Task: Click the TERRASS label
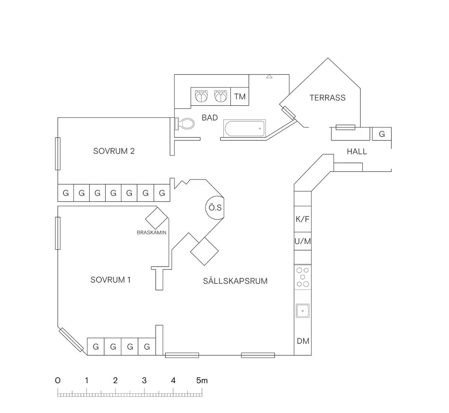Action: (x=327, y=98)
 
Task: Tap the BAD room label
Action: (x=210, y=118)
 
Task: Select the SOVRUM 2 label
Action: (x=114, y=151)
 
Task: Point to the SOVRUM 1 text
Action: (x=110, y=280)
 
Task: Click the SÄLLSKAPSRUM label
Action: (x=235, y=281)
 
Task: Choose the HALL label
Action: (x=357, y=152)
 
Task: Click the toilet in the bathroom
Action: (x=185, y=124)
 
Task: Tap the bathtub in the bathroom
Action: (x=244, y=128)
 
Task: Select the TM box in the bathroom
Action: (x=240, y=97)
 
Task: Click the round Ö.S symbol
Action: (x=215, y=207)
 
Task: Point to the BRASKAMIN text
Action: (x=152, y=233)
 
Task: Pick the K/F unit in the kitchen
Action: (x=303, y=219)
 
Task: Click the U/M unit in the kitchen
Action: (x=303, y=241)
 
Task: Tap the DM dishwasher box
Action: (x=303, y=341)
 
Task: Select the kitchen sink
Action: (x=303, y=310)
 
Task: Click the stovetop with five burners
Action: (x=303, y=277)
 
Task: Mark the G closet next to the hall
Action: (x=382, y=134)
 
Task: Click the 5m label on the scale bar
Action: (x=202, y=380)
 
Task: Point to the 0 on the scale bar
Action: (x=58, y=380)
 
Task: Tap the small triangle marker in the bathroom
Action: (x=269, y=77)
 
